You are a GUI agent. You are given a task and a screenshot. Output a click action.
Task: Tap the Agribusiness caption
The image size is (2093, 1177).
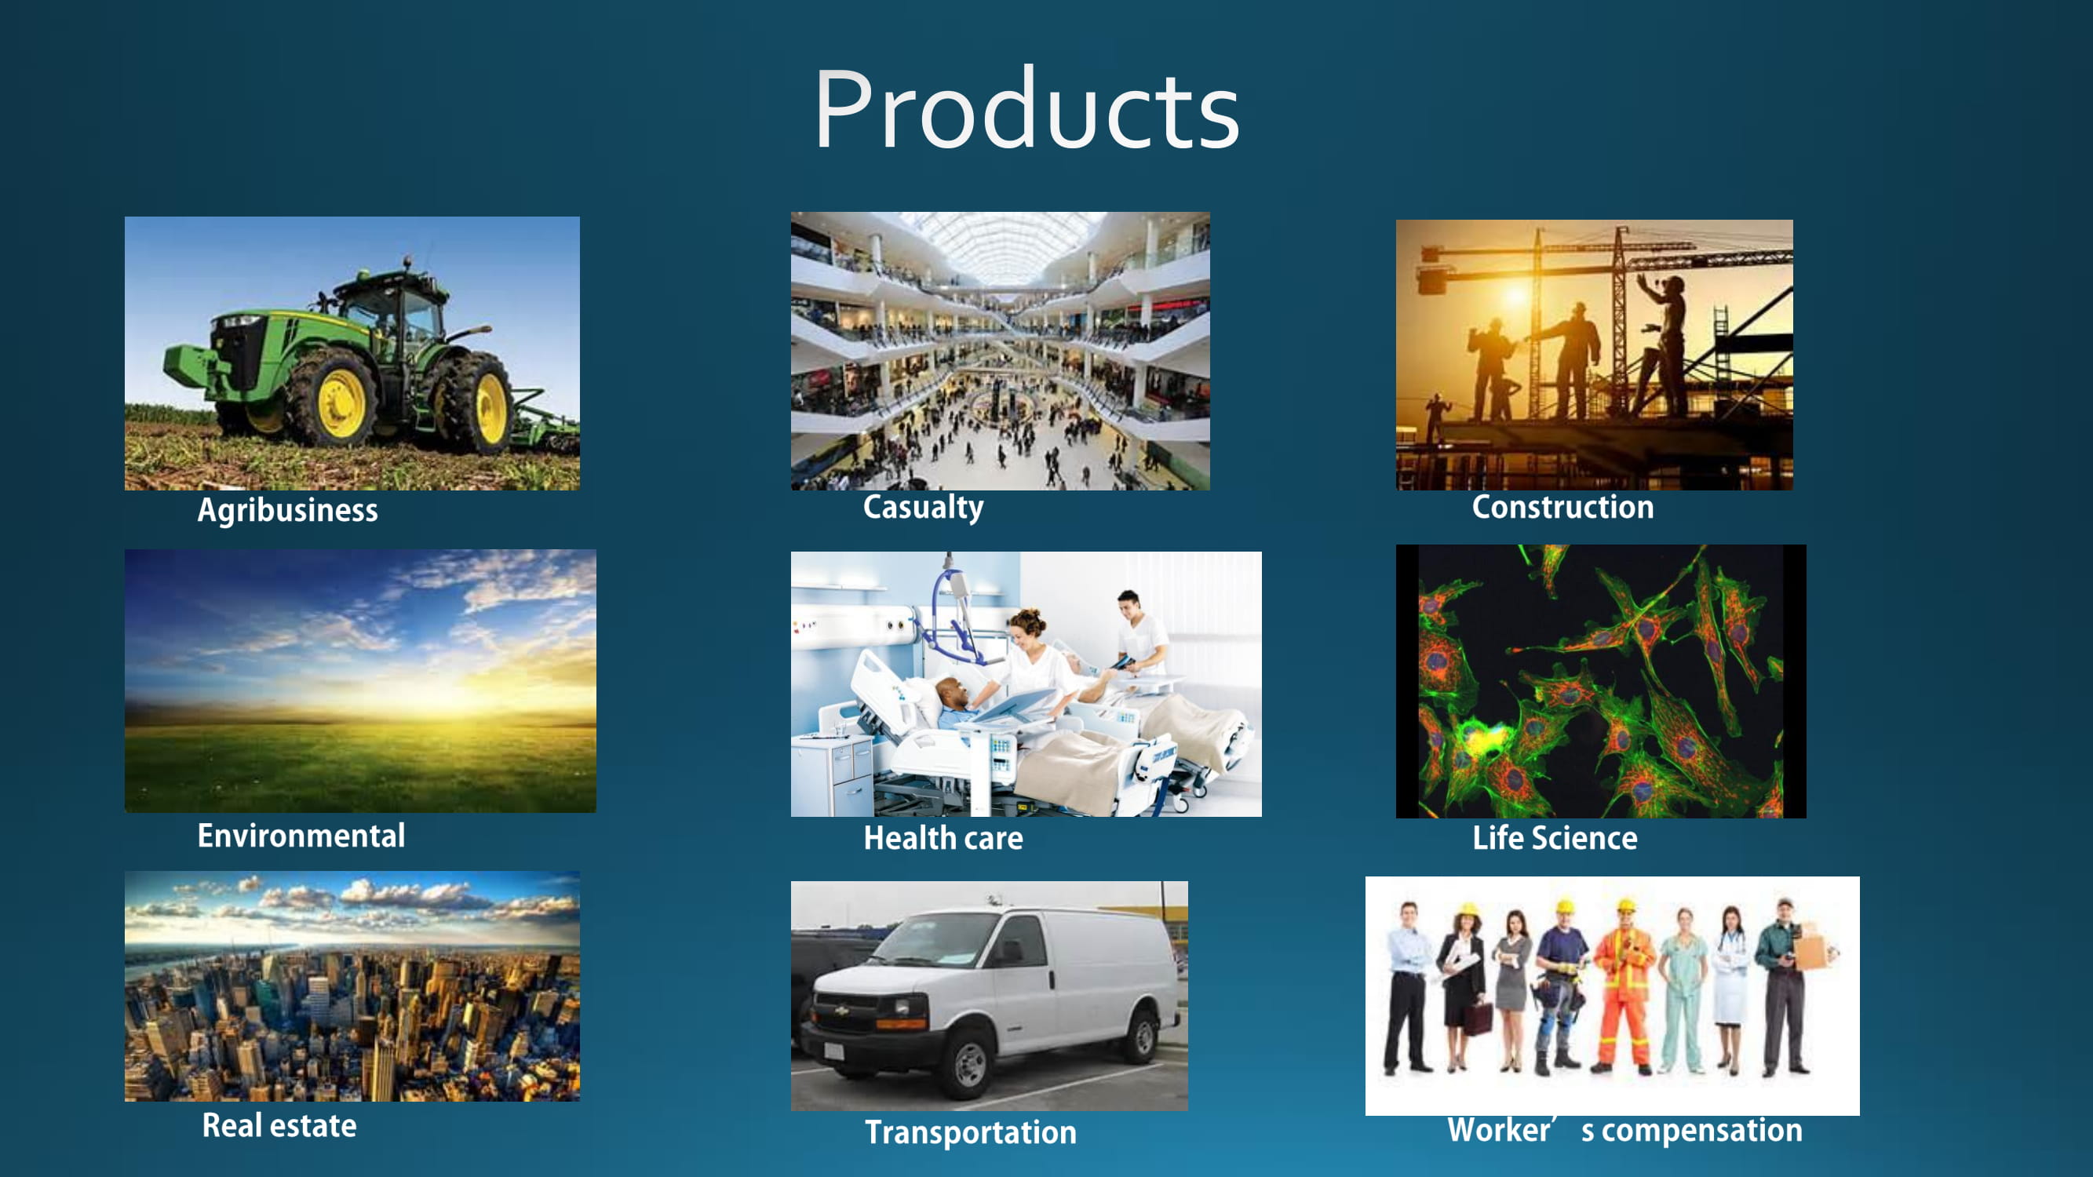288,510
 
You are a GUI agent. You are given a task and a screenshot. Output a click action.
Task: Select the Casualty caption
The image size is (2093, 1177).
923,507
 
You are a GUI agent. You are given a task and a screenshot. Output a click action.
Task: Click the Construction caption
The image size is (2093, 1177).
1562,507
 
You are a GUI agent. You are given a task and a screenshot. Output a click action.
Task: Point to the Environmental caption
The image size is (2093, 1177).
301,835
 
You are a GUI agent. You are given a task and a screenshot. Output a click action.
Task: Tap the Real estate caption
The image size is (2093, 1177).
279,1125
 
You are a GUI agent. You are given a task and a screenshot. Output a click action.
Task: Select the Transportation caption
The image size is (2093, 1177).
970,1131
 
